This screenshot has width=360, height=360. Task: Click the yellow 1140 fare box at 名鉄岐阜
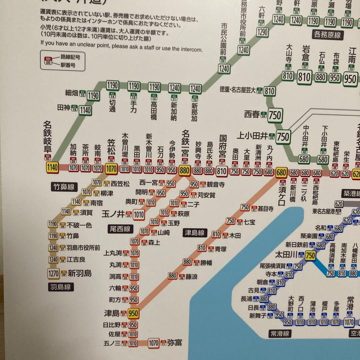pyautogui.click(x=52, y=168)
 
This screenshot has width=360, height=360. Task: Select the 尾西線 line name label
pyautogui.click(x=120, y=229)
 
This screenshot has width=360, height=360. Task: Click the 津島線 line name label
pyautogui.click(x=195, y=233)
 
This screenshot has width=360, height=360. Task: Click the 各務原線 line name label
pyautogui.click(x=327, y=34)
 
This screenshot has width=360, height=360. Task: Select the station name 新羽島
pyautogui.click(x=80, y=273)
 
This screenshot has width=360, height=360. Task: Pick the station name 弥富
pyautogui.click(x=174, y=342)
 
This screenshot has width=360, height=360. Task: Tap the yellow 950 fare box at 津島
pyautogui.click(x=133, y=314)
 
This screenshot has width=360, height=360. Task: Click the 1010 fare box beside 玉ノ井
pyautogui.click(x=139, y=215)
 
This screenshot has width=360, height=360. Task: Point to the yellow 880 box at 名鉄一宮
pyautogui.click(x=184, y=171)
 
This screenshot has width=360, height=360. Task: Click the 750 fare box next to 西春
pyautogui.click(x=275, y=115)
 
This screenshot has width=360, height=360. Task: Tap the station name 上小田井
pyautogui.click(x=252, y=136)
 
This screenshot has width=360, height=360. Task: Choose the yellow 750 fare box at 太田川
pyautogui.click(x=310, y=256)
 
